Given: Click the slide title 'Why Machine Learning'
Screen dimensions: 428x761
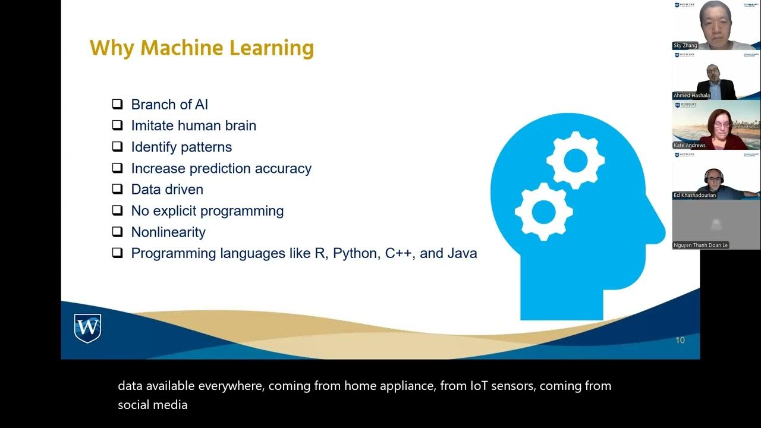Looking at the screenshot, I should click(202, 48).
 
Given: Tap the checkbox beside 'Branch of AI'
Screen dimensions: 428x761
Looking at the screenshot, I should click(117, 105).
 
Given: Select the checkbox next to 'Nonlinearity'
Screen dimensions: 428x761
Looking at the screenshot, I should click(117, 232).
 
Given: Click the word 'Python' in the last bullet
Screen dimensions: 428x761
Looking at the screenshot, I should click(355, 254).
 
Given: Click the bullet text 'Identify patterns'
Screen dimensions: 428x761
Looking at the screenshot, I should click(181, 147).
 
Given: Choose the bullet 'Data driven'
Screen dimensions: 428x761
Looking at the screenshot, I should click(167, 190).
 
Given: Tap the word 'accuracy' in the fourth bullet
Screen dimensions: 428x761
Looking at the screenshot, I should click(283, 169).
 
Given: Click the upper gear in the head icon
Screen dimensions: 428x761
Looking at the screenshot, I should click(575, 159).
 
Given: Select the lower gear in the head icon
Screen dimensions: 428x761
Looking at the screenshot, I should click(543, 211).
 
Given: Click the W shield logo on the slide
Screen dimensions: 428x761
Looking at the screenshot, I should click(87, 328).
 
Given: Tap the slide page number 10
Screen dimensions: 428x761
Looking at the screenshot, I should click(680, 341).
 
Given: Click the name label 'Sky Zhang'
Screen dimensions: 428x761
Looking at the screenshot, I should click(686, 46).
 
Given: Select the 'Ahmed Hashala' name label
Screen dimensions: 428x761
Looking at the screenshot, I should click(691, 96).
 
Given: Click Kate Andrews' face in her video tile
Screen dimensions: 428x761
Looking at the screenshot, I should click(716, 121).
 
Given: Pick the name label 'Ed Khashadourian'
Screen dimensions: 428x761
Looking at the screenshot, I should click(694, 195).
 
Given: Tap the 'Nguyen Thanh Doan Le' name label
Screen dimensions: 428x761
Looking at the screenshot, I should click(700, 245).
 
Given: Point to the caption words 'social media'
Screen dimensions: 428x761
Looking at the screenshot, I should click(153, 405).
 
